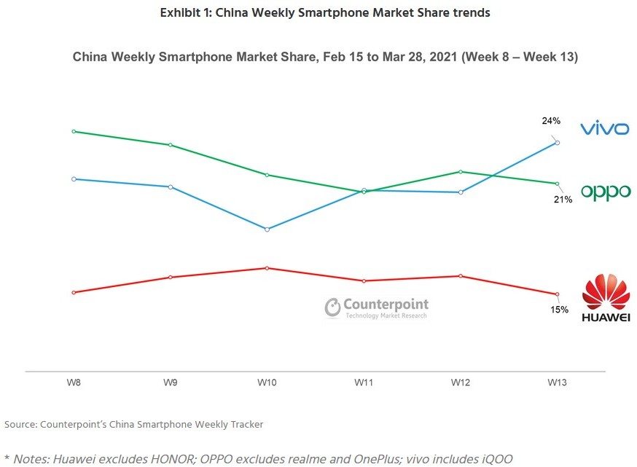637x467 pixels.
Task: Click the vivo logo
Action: coord(604,129)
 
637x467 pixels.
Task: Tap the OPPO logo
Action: coord(605,192)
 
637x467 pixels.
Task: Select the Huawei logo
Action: coord(606,298)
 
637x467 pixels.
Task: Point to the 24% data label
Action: coord(551,121)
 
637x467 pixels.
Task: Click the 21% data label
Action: coord(563,200)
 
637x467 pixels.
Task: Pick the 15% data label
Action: coord(559,310)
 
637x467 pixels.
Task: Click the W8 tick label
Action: coord(74,382)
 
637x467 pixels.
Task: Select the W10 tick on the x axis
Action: coord(267,382)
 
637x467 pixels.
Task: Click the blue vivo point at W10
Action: coord(267,229)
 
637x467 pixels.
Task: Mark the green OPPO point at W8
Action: coord(74,132)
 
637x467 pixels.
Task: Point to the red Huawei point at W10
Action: coord(267,268)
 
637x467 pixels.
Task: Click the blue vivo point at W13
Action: coord(558,143)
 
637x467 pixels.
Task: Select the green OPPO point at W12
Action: coord(461,172)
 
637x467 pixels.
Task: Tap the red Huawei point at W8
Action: coord(74,292)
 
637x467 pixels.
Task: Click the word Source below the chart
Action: coord(20,424)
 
